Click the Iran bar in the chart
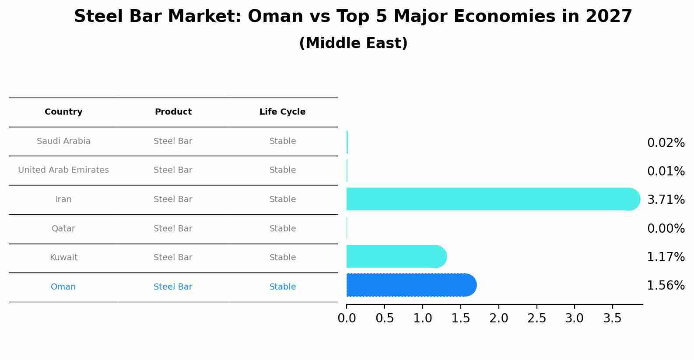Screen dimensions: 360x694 [x=490, y=199]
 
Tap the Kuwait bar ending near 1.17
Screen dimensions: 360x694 [x=394, y=256]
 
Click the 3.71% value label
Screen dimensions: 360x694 [x=666, y=200]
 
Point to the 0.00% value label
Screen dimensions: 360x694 [x=666, y=229]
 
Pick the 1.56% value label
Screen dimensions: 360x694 [x=666, y=286]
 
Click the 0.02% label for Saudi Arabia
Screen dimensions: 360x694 [x=666, y=143]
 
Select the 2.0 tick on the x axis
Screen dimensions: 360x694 [x=498, y=318]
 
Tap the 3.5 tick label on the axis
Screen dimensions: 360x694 [x=612, y=318]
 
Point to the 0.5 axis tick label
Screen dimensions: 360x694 [x=385, y=318]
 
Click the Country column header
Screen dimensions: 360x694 [x=63, y=112]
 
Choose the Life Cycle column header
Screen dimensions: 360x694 [x=282, y=112]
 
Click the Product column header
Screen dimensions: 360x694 [x=173, y=112]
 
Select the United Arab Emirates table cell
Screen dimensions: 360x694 [x=63, y=170]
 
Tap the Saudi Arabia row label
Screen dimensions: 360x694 [x=63, y=141]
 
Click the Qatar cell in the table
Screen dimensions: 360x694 [x=63, y=229]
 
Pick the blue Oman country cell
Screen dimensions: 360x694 [x=63, y=287]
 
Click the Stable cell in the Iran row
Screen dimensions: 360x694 [x=282, y=199]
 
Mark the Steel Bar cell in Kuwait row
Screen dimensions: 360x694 [x=173, y=258]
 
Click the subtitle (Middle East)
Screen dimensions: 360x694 [x=353, y=43]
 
